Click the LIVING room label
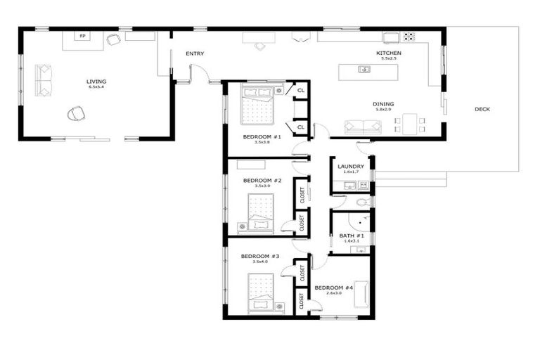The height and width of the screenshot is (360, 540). pos(97,82)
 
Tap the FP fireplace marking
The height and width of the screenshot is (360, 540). pos(82,36)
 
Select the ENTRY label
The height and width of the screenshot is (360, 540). pos(195,53)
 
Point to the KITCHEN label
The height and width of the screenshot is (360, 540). pos(389,53)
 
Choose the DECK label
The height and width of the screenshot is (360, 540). pos(482,109)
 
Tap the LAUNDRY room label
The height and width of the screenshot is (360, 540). pos(350,167)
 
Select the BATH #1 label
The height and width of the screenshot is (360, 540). pos(352,236)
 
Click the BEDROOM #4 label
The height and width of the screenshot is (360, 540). pos(333,288)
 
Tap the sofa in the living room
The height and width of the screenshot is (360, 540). pos(43,80)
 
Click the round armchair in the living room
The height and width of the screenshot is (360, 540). pos(76,112)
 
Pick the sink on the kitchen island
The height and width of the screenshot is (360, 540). pos(364,69)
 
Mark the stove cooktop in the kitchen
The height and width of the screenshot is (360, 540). pos(409,35)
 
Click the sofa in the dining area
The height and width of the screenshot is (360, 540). pos(363,127)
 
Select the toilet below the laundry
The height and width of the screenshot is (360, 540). pos(361,202)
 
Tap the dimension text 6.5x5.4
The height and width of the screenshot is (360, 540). pos(97,87)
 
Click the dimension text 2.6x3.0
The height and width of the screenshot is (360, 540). pos(333,294)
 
